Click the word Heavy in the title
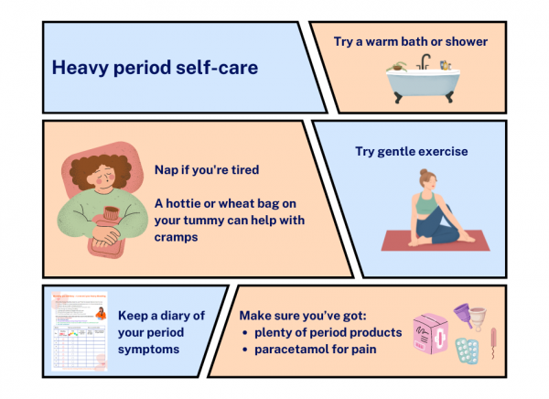coord(75,68)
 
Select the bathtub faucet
coord(424,64)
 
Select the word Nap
coord(167,170)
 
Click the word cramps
coord(180,235)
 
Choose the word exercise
coord(444,150)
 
